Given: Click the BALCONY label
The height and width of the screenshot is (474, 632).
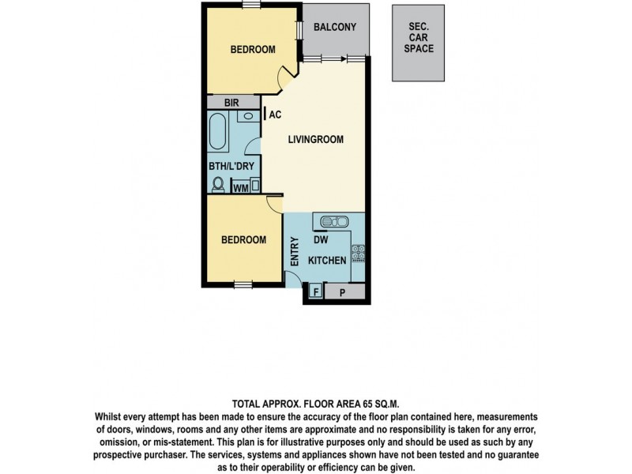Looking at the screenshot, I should pyautogui.click(x=335, y=27).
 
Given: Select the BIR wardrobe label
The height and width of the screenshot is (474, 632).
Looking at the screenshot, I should pyautogui.click(x=231, y=103).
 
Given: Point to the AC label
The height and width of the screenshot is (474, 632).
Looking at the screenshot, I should pyautogui.click(x=275, y=115).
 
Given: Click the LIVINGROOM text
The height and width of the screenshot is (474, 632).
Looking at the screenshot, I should pyautogui.click(x=315, y=140).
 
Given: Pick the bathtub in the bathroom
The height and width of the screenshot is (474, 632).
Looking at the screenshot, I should pyautogui.click(x=219, y=132).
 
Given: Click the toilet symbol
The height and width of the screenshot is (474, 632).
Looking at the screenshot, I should pyautogui.click(x=218, y=184).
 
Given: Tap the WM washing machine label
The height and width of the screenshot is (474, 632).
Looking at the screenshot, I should pyautogui.click(x=240, y=188).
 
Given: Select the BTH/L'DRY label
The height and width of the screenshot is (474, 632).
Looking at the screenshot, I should pyautogui.click(x=230, y=167).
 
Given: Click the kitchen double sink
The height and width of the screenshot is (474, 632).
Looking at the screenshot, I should pyautogui.click(x=337, y=220).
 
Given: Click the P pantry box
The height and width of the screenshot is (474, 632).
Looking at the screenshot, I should pyautogui.click(x=343, y=292).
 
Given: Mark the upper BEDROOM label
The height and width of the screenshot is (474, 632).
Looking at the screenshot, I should pyautogui.click(x=253, y=50).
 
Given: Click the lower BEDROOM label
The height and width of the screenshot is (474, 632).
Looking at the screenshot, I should pyautogui.click(x=243, y=240).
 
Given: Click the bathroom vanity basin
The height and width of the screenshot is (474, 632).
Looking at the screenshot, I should pyautogui.click(x=247, y=116).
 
